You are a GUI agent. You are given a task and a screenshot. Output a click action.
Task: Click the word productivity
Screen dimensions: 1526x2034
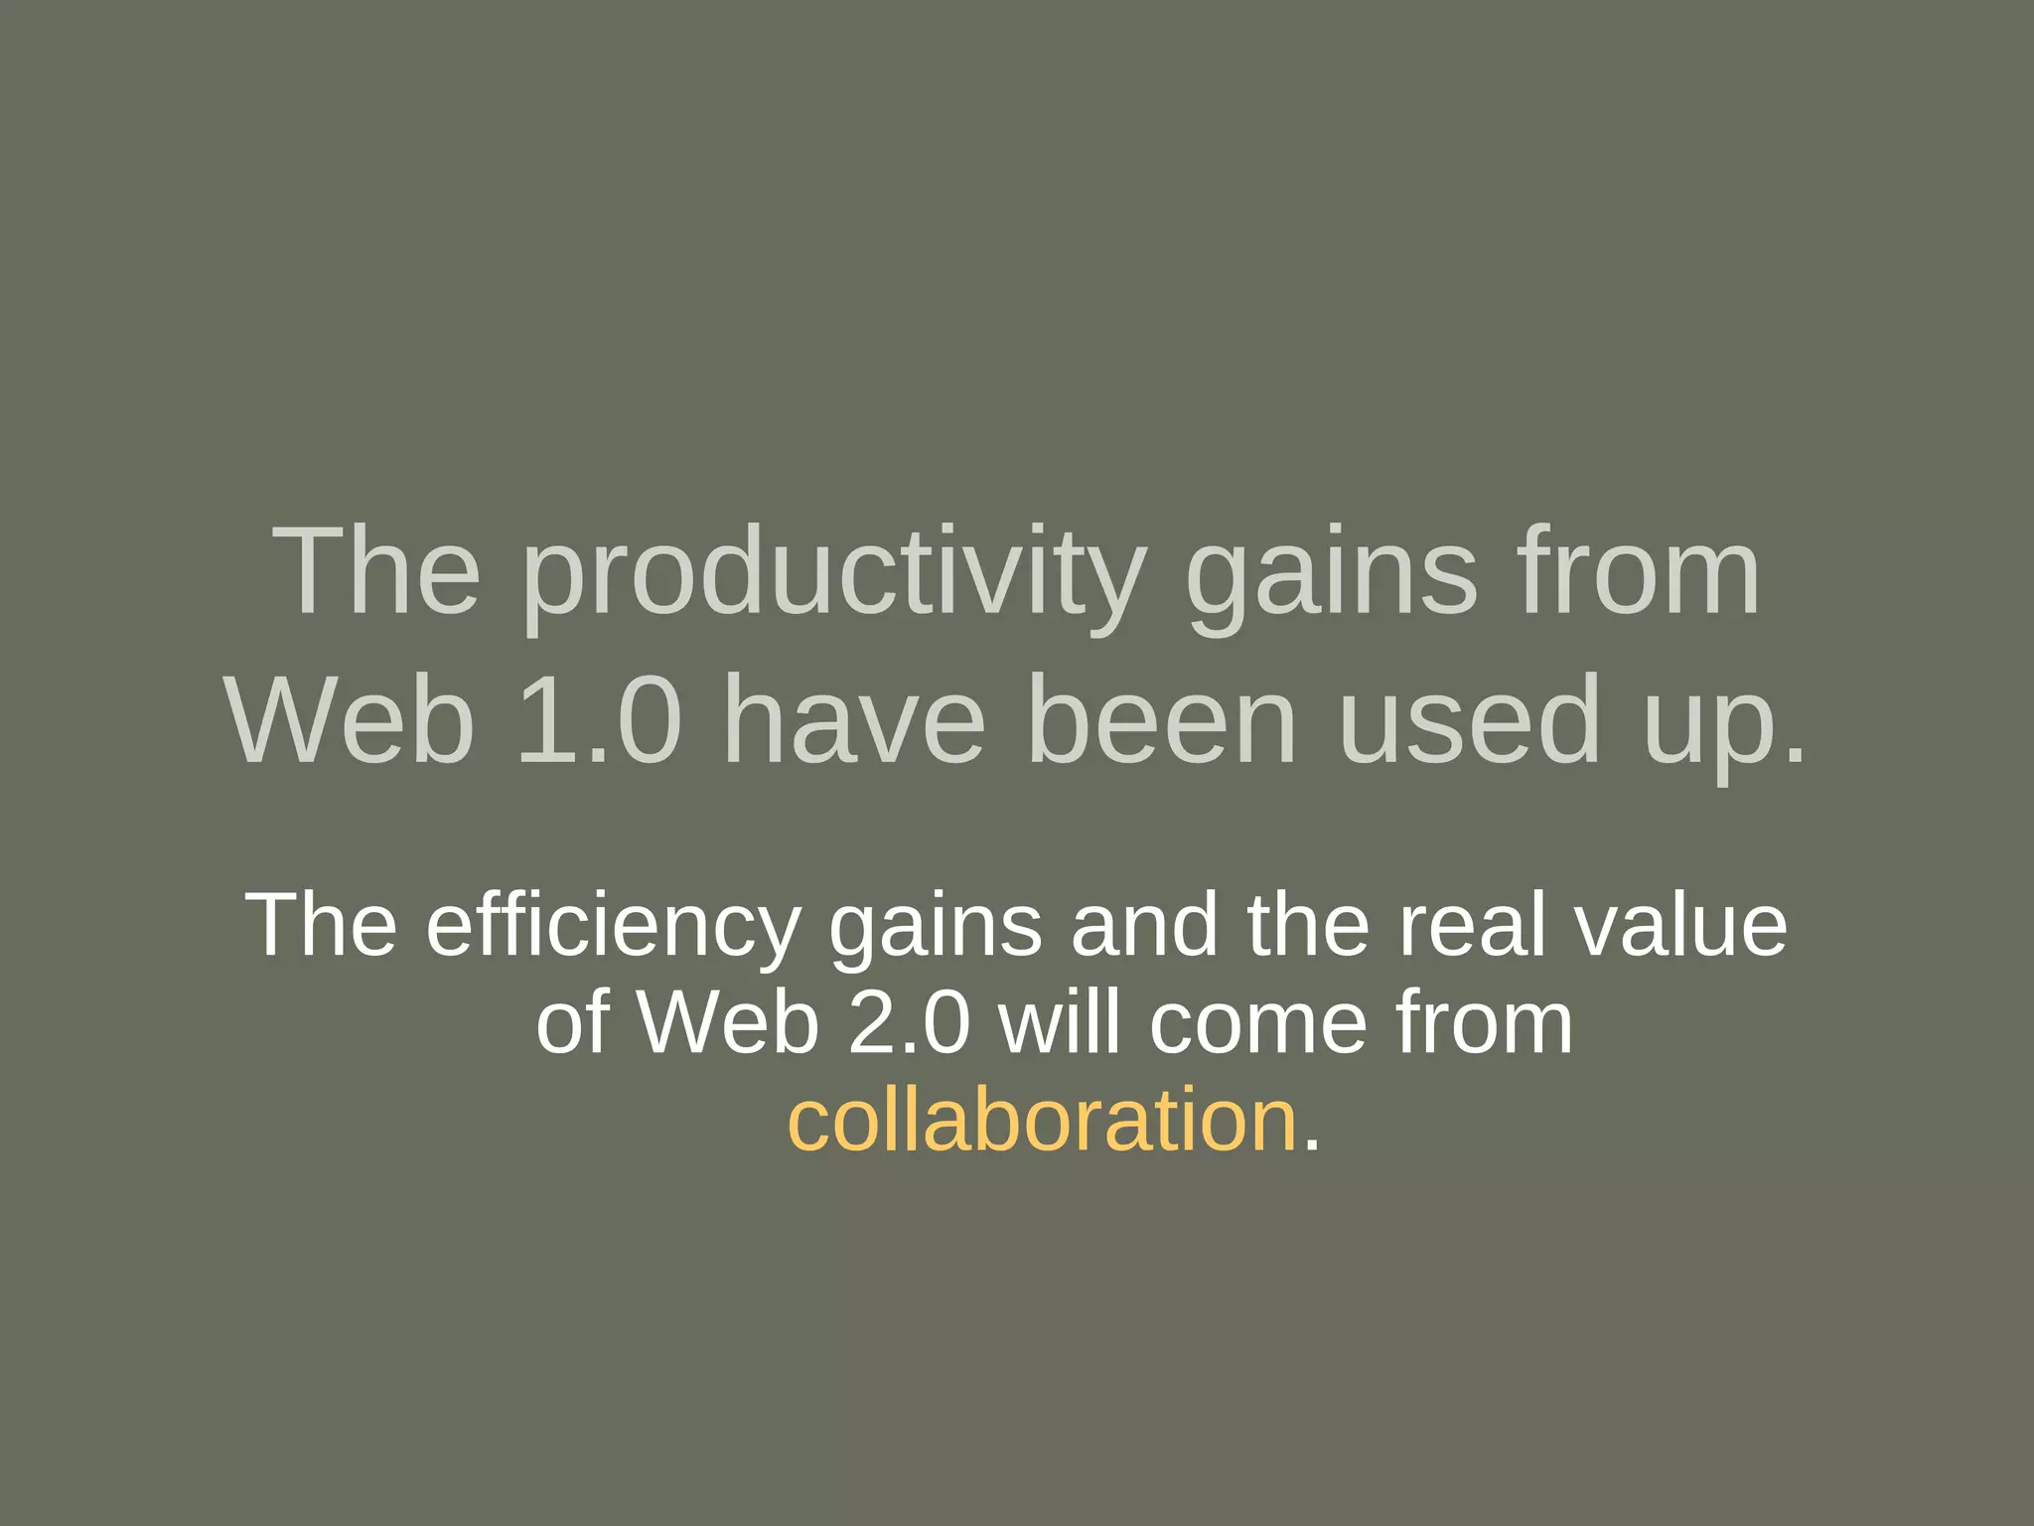click(x=832, y=576)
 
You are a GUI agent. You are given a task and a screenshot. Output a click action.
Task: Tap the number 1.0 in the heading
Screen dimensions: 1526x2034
click(x=600, y=719)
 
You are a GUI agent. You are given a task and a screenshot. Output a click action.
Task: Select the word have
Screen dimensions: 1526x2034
click(x=854, y=719)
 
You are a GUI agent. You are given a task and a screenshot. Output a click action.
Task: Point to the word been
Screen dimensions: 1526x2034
click(x=1161, y=719)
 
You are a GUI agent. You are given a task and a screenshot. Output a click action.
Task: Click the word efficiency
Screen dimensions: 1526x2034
click(x=613, y=926)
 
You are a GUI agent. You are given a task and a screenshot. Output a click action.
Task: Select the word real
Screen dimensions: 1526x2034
click(x=1472, y=926)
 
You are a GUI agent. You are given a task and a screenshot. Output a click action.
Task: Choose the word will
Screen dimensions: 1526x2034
click(x=1061, y=1023)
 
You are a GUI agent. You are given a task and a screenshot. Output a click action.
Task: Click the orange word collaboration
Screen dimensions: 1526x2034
click(x=1042, y=1121)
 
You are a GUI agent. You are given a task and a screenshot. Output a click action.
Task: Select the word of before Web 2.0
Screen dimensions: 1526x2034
click(x=572, y=1023)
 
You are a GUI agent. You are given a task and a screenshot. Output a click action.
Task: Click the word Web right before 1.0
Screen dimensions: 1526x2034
click(x=351, y=719)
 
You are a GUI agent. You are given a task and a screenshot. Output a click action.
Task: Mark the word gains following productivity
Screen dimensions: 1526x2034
click(x=1331, y=576)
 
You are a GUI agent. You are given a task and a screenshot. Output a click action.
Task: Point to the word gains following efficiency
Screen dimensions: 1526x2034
click(x=936, y=926)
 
